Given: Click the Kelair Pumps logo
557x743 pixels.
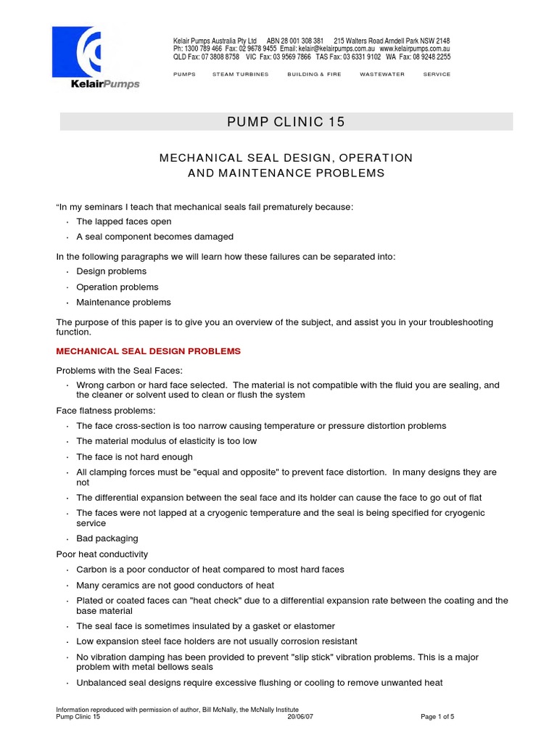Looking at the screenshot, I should [95, 57].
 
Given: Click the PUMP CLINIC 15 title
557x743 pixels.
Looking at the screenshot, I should [286, 122].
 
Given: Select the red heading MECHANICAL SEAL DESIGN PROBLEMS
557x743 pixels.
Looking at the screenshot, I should [149, 351].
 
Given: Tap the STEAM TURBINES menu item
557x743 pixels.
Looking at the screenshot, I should [240, 75].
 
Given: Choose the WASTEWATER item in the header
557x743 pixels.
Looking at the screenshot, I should [382, 75].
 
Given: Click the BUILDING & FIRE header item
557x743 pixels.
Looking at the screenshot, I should [314, 75].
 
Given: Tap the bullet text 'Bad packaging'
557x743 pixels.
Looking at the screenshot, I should [107, 538].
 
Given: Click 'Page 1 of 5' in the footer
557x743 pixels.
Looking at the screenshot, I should [437, 717].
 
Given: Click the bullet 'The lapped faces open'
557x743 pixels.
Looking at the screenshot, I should [123, 221].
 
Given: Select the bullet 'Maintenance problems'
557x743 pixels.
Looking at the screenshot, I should [123, 303].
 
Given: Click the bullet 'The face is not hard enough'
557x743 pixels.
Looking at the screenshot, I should [134, 457].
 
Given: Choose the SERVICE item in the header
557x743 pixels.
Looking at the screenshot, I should [437, 75].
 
